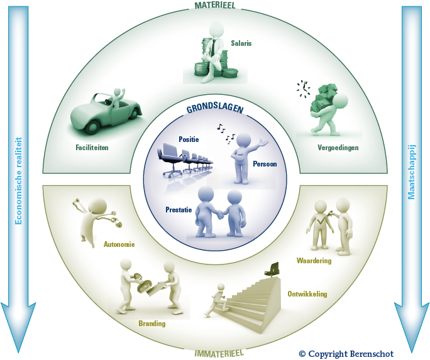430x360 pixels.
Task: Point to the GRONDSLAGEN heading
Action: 214,107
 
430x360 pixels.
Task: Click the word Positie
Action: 189,139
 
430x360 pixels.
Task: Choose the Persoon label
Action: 265,164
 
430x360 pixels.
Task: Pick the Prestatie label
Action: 178,210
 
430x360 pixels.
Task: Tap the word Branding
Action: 152,324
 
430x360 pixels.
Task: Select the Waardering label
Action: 314,260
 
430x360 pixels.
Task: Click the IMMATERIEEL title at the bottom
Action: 215,353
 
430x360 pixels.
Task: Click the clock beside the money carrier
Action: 304,88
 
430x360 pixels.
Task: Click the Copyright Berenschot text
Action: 346,354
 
